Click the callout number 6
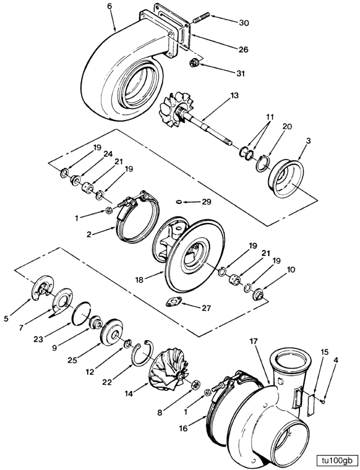pos(109,6)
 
